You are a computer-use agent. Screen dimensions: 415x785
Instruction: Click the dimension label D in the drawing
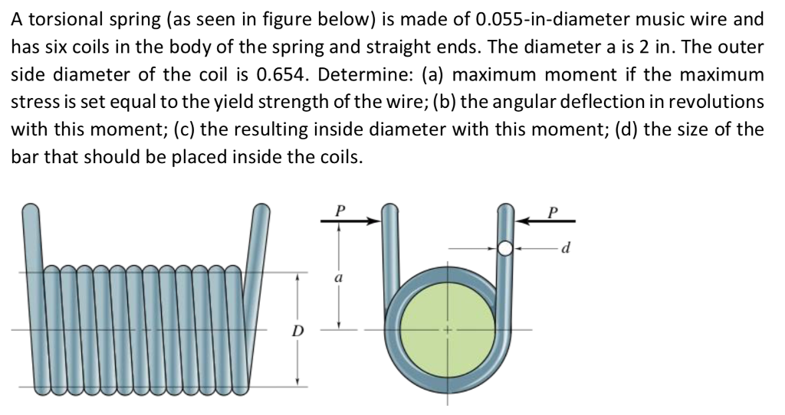pos(297,331)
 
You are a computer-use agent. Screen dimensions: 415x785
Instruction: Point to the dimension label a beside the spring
pos(338,279)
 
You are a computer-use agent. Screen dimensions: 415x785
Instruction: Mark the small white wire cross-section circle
pos(504,248)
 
